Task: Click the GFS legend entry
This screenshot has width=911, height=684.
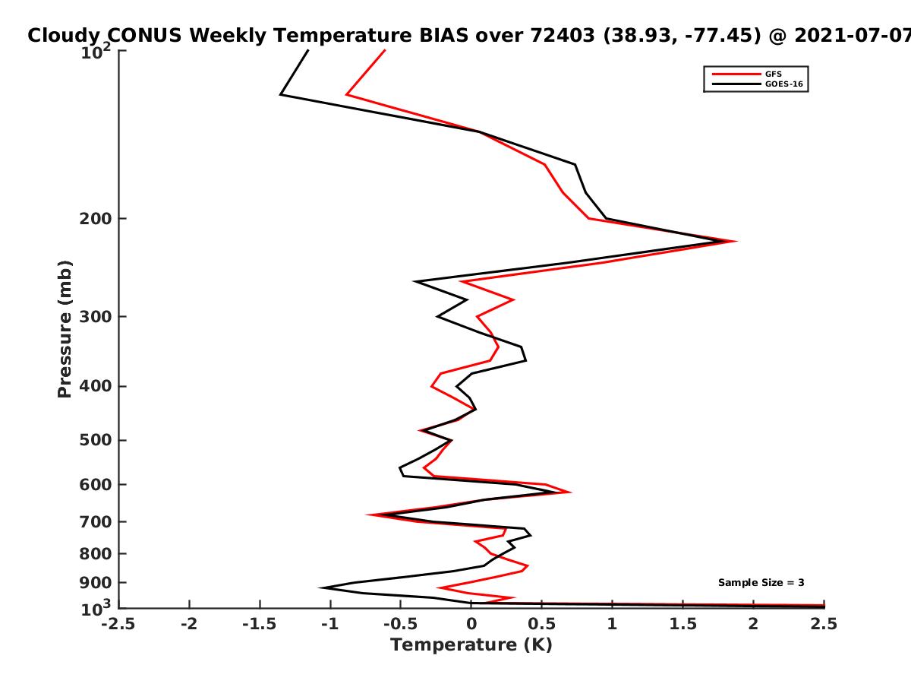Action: click(747, 74)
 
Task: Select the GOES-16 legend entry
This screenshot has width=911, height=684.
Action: click(758, 84)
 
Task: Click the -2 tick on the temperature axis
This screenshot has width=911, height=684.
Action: click(189, 624)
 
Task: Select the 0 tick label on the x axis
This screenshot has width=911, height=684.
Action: click(471, 624)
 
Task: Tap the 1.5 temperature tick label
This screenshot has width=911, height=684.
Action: click(683, 624)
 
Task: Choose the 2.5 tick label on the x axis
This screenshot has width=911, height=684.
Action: click(824, 624)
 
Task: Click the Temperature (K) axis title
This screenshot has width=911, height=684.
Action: click(471, 645)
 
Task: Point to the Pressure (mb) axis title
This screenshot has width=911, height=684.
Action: click(65, 329)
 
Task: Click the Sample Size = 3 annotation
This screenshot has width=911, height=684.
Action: click(761, 583)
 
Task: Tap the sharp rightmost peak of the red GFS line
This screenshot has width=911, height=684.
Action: click(736, 241)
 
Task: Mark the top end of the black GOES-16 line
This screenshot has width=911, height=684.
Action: click(308, 50)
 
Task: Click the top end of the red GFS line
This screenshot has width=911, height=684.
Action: click(385, 50)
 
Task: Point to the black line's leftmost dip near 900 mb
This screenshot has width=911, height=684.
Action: click(320, 587)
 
